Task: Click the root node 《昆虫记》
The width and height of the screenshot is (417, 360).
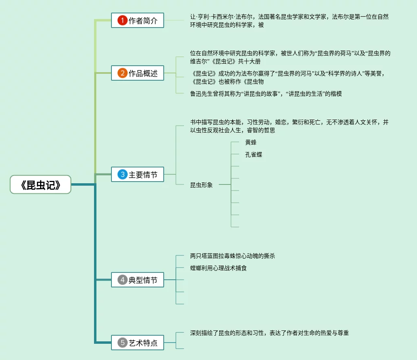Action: (41, 185)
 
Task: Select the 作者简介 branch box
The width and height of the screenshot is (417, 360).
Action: (138, 20)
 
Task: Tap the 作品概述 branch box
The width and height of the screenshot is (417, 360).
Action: (138, 73)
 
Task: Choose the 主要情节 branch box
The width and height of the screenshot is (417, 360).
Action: (138, 175)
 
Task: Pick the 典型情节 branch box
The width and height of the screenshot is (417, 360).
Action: (138, 280)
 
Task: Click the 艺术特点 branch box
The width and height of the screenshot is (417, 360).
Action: (138, 343)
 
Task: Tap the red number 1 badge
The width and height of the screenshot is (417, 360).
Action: (122, 20)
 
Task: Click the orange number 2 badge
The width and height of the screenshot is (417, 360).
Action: (122, 73)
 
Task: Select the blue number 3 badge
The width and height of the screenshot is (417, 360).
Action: (122, 175)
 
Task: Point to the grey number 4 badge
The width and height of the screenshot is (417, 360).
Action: (122, 280)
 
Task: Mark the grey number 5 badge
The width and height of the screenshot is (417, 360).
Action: (122, 343)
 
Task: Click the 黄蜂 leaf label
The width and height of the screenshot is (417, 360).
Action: (251, 142)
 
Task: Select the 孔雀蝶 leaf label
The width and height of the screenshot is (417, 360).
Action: (254, 154)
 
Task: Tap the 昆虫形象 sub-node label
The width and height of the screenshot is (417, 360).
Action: (201, 185)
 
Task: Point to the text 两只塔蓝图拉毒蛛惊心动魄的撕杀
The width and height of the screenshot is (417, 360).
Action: (233, 256)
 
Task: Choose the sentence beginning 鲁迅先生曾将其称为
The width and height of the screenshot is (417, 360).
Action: (266, 94)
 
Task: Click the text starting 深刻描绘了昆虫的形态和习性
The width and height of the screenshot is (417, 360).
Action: (269, 333)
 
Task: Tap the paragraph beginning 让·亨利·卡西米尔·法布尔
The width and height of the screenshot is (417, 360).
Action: (289, 21)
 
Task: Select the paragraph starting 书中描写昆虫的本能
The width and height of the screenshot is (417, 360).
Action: (289, 126)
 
